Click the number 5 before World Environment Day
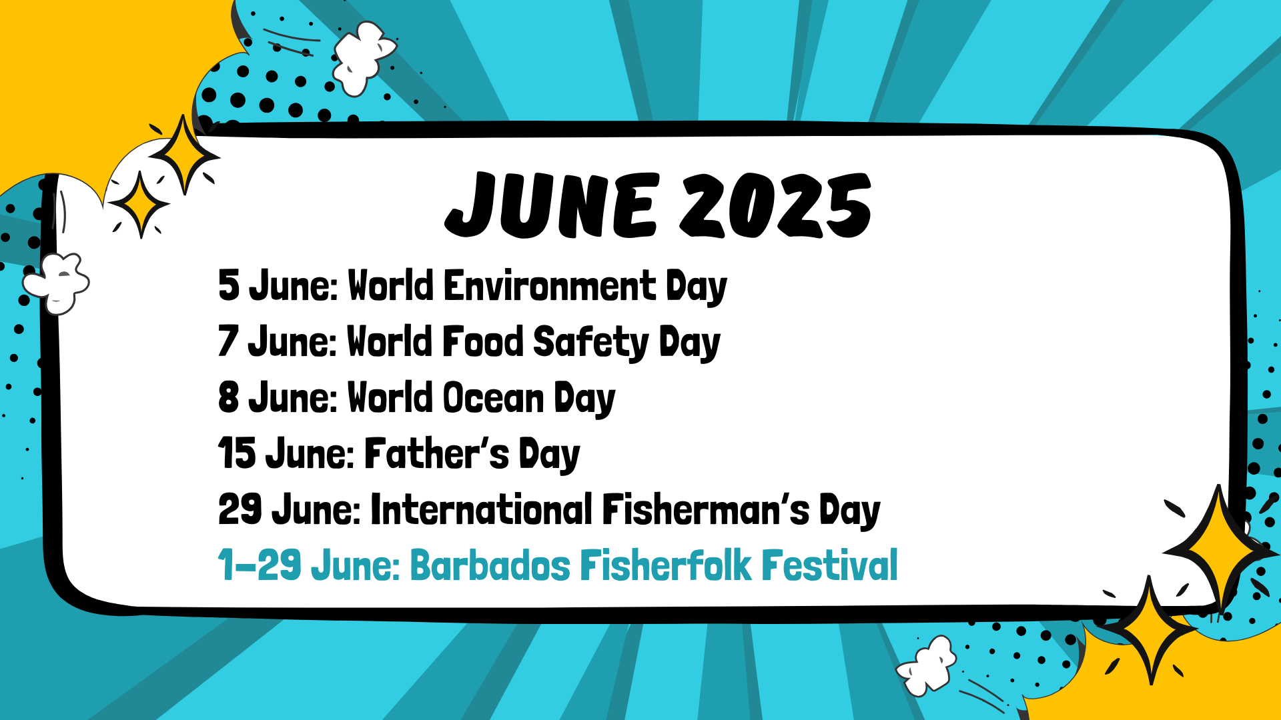coord(229,285)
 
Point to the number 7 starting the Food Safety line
coord(228,341)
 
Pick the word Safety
coord(591,343)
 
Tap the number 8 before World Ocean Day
coord(229,397)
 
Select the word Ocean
coord(494,398)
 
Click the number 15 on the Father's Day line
coord(237,453)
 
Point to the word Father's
coord(437,453)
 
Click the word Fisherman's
coord(707,509)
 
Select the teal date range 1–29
coord(260,565)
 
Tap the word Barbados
coord(490,565)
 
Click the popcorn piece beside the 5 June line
coord(57,283)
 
